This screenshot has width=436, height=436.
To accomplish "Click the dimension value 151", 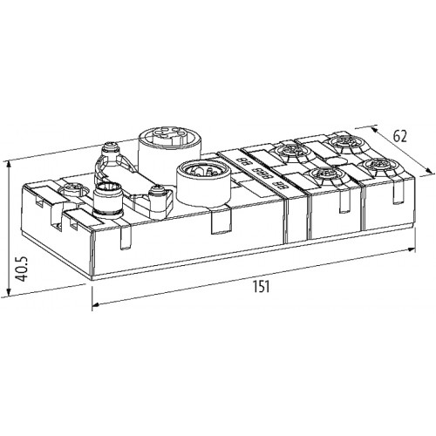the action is [x=261, y=286].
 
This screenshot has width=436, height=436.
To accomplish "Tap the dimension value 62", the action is [x=399, y=136].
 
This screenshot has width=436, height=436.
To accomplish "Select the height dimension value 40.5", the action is [x=21, y=269].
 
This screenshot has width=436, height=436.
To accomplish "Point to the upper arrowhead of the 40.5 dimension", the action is [x=10, y=166].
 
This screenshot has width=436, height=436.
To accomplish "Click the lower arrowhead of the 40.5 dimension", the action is [x=10, y=291].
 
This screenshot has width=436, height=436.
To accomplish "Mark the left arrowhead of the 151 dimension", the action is [x=97, y=304].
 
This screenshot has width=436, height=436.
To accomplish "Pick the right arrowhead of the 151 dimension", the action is [x=411, y=249].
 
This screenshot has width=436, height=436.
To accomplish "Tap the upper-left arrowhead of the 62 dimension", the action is [x=375, y=129].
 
